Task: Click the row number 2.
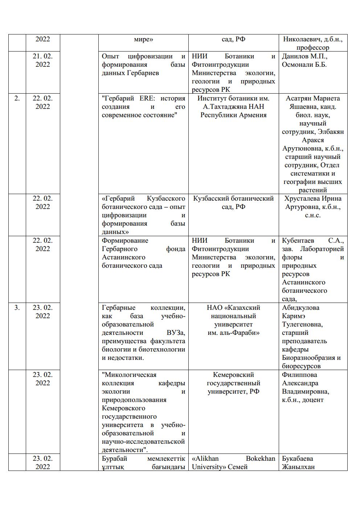pyautogui.click(x=17, y=98)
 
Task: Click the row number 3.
pyautogui.click(x=17, y=308)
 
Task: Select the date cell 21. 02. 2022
pyautogui.click(x=42, y=60)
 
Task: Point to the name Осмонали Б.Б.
pyautogui.click(x=304, y=65)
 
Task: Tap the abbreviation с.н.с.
pyautogui.click(x=312, y=215)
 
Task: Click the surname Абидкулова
pyautogui.click(x=300, y=308)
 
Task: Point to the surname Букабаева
pyautogui.click(x=298, y=459)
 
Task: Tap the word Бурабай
pyautogui.click(x=113, y=459)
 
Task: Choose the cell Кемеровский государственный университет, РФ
pyautogui.click(x=233, y=383)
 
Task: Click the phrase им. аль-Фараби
pyautogui.click(x=233, y=333)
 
